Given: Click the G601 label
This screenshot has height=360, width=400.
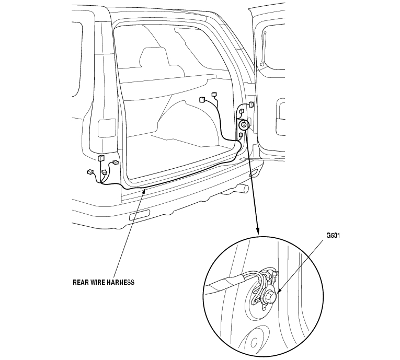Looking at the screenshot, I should (x=333, y=235).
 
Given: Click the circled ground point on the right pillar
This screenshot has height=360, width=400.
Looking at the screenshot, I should (x=244, y=125).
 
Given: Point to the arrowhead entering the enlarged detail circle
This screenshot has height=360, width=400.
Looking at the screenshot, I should (x=257, y=230).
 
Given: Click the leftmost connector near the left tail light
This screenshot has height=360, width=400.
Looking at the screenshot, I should (x=90, y=171).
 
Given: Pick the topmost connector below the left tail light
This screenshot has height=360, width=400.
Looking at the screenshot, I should (x=101, y=158).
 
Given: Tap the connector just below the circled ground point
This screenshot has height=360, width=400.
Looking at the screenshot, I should (x=241, y=136).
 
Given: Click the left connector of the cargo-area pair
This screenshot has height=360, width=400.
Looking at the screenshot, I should (x=202, y=99).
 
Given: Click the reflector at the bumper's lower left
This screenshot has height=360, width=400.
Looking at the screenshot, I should (x=139, y=216).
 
